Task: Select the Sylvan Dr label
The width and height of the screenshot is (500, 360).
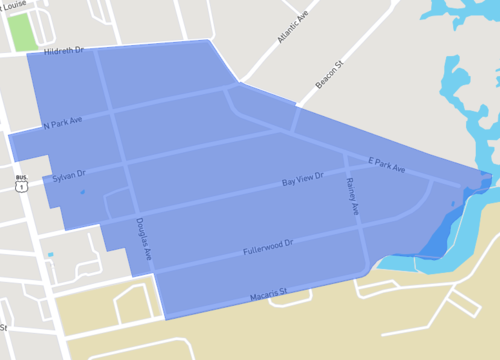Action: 70,174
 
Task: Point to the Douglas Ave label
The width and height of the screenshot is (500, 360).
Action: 144,241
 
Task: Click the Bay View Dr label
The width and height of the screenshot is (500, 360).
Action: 302,181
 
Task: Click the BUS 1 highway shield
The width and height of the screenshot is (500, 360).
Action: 21,184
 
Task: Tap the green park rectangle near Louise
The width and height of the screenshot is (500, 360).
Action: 22,32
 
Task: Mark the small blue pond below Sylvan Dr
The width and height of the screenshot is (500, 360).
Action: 81,192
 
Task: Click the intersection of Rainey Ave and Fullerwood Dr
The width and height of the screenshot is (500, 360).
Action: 360,228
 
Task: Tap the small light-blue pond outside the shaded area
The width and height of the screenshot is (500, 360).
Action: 50,255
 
